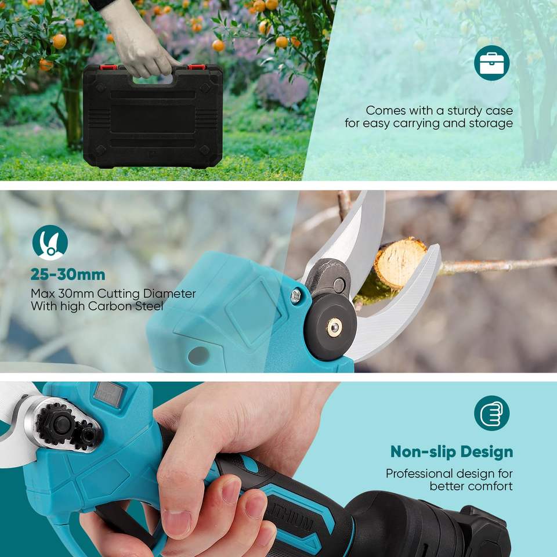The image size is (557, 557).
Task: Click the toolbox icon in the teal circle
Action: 491,63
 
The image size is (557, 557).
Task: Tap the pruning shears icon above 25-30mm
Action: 50,243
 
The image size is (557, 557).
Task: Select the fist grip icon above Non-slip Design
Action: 491,413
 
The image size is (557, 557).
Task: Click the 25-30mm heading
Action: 68,274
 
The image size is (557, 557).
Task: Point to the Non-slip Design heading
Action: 451,452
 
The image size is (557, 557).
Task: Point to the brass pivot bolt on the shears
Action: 334,327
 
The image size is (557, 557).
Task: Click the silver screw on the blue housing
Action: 295,296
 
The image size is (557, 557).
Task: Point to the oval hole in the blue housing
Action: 198,356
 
